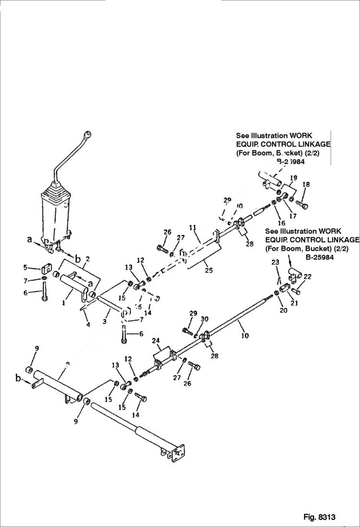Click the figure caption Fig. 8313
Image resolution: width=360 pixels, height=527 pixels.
coord(319,517)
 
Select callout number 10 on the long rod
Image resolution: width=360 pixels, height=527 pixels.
coord(245,336)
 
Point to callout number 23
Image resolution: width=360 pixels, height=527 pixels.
coord(275,263)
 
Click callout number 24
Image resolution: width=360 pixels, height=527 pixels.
coord(156,341)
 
